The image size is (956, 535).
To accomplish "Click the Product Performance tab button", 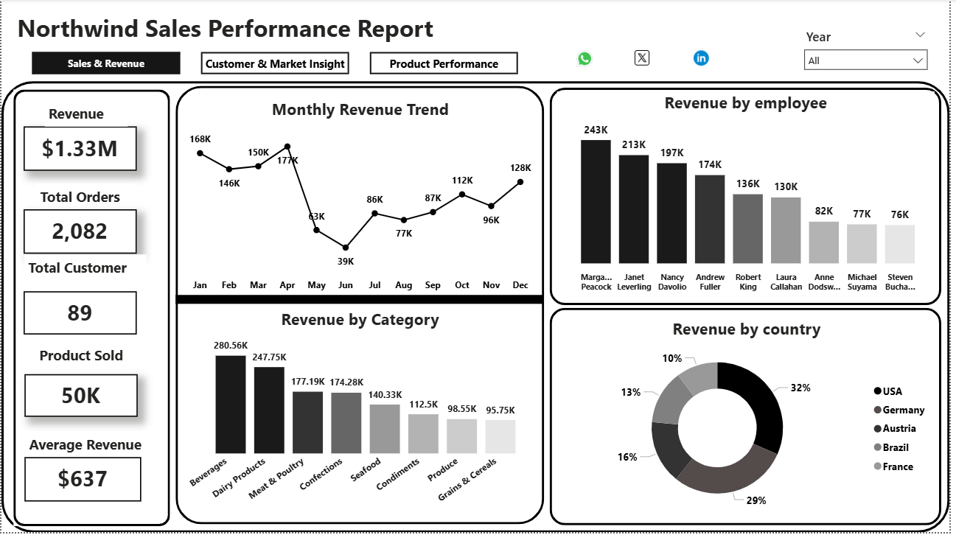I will pos(444,63).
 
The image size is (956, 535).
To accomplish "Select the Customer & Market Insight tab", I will pos(275,63).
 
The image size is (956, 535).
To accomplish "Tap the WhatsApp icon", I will pos(585,58).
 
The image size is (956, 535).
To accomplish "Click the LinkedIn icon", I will pos(701,57).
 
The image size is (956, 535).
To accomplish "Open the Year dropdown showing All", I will pos(865,60).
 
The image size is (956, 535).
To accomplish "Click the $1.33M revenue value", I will pos(80,149).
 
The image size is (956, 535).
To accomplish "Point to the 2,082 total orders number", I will pos(80,231).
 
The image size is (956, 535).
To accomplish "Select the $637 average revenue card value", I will pos(83,479).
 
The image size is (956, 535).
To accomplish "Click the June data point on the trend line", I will pos(346,248).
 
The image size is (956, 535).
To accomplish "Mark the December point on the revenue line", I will pos(520,181).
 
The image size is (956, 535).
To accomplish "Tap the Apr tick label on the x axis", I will pos(287,284).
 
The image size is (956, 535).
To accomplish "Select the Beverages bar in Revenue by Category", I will pos(231,405).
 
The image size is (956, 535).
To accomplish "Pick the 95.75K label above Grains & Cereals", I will pos(500,410).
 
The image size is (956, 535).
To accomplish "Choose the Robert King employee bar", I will pos(748,228).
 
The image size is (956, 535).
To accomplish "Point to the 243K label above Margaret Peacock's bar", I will pos(596,130).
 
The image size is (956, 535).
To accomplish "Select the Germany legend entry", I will pos(903,410).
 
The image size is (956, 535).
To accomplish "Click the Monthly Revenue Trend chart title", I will pos(360,110).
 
